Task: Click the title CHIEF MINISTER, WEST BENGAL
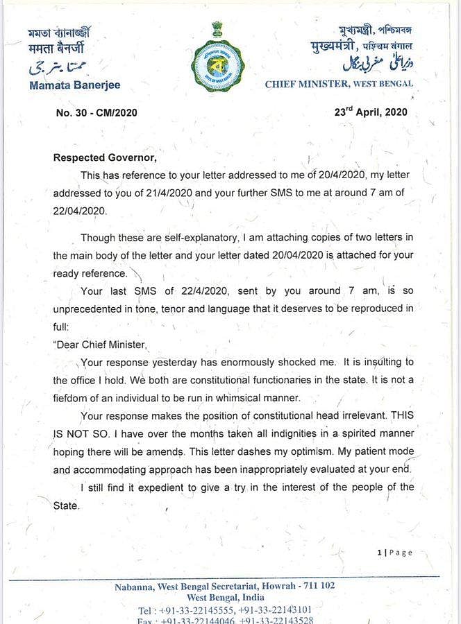(x=339, y=84)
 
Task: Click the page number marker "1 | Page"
(x=394, y=553)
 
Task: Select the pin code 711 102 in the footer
(x=315, y=586)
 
